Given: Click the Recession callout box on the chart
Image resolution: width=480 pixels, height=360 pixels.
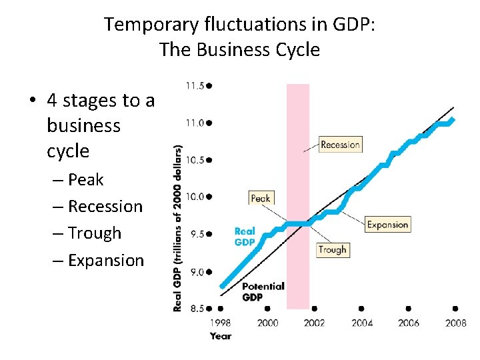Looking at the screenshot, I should tap(340, 145).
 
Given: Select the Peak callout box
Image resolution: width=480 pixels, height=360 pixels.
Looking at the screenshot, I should tap(261, 198).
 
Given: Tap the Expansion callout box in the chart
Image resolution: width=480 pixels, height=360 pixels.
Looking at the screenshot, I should tap(387, 225).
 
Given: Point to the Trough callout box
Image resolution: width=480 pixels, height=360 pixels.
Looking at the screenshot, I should tap(332, 250).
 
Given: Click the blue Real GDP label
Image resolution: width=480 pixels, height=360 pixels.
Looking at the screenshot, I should tap(245, 237).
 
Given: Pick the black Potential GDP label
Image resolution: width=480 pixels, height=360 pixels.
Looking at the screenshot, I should tap(262, 291).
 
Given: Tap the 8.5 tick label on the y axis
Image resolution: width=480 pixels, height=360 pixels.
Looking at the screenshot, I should tap(196, 309).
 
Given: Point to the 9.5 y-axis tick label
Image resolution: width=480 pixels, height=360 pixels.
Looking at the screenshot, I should tap(196, 235).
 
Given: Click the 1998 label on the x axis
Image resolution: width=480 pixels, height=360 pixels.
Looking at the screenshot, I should tap(221, 323).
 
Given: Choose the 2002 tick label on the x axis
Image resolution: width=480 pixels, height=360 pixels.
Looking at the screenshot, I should tap(314, 323).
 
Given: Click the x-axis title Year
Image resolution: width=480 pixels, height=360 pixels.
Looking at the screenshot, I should tap(221, 336).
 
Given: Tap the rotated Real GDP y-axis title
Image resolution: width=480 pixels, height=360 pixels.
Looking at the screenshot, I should tap(178, 228).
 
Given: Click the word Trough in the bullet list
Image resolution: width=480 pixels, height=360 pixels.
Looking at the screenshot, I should tap(95, 233).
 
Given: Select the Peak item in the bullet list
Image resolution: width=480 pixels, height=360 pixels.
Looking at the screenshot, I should tap(85, 180).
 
